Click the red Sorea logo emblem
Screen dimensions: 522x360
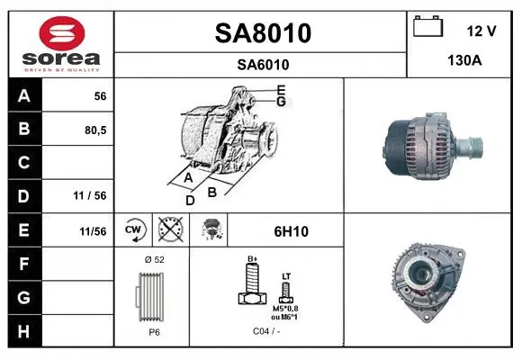(62, 33)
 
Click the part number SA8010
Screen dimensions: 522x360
(263, 33)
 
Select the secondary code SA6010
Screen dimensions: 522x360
(263, 65)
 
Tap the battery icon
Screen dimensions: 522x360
(428, 26)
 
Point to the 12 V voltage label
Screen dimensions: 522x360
(481, 31)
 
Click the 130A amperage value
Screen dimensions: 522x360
(464, 60)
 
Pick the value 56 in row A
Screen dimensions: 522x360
(100, 96)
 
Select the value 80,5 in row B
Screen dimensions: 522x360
(95, 130)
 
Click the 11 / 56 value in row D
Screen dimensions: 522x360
(90, 195)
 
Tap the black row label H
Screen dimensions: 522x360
(23, 331)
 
